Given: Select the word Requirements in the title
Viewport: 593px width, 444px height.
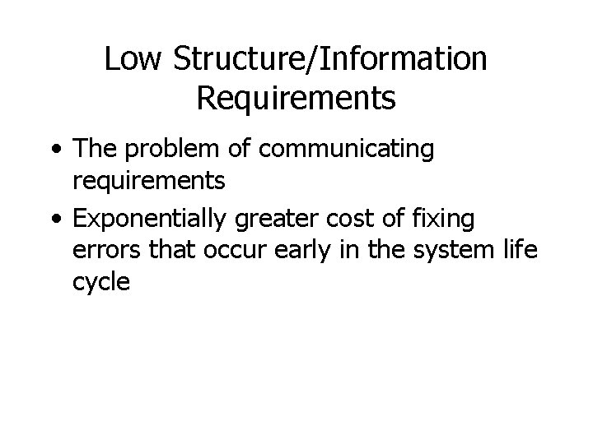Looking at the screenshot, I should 296,98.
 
